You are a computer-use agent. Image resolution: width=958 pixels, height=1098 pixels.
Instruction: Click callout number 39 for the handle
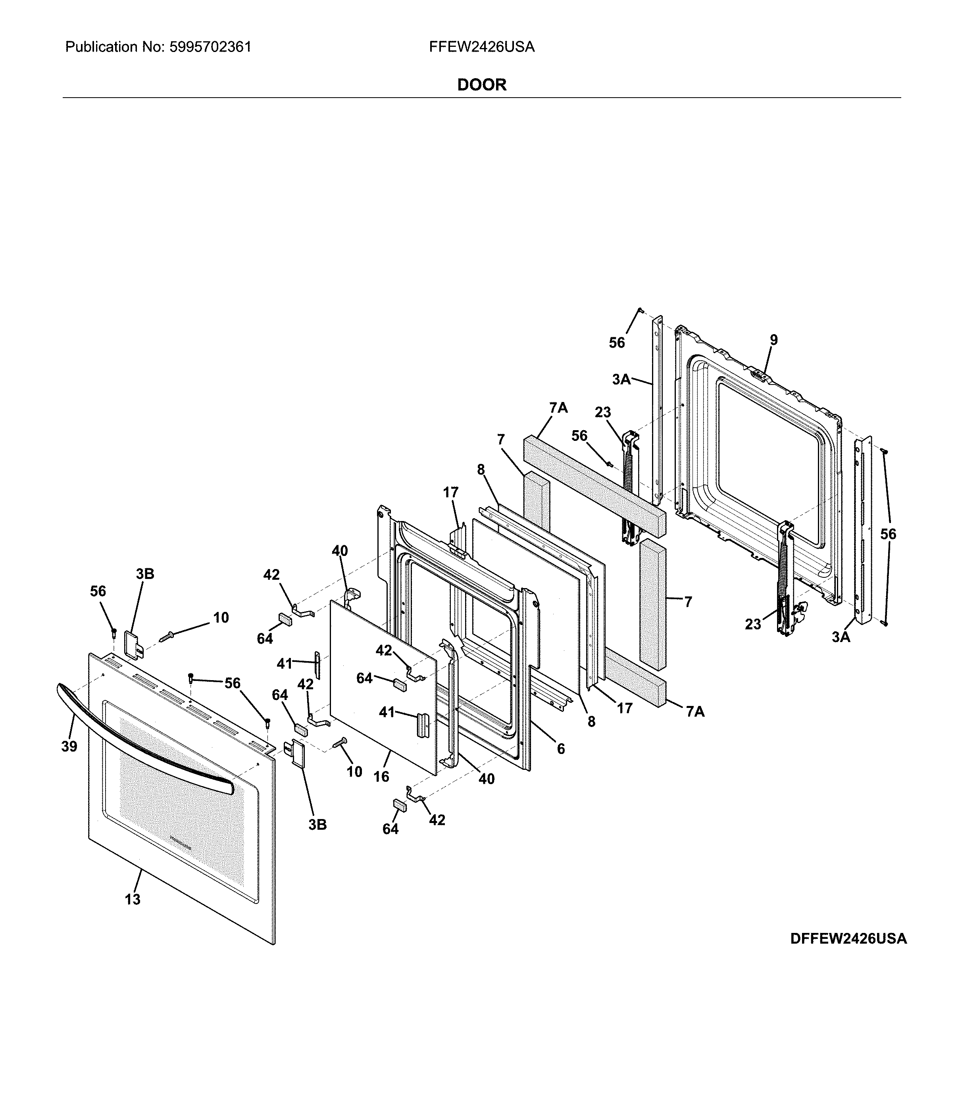[x=69, y=746]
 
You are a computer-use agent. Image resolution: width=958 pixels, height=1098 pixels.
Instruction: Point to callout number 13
[x=133, y=899]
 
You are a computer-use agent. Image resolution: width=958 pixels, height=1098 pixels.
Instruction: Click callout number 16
[x=381, y=776]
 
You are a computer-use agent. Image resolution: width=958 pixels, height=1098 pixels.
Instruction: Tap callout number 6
[x=560, y=749]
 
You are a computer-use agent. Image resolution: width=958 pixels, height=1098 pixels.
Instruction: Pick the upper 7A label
[x=558, y=408]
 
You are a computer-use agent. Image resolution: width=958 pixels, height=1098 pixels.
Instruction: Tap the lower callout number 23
[x=753, y=624]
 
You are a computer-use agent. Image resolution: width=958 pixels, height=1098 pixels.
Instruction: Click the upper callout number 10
[x=221, y=617]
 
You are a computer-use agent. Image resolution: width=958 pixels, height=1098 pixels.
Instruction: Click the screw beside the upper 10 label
[x=166, y=636]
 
